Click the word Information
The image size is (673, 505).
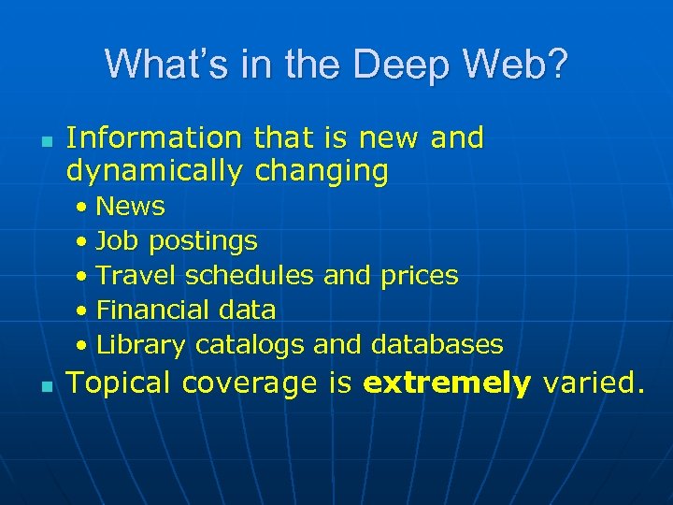[x=154, y=138]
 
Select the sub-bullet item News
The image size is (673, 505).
[x=130, y=206]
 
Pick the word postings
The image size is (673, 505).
[x=201, y=241]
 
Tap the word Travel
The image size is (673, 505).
[x=136, y=275]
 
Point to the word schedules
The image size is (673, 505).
[x=250, y=275]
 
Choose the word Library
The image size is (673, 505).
[x=141, y=344]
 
